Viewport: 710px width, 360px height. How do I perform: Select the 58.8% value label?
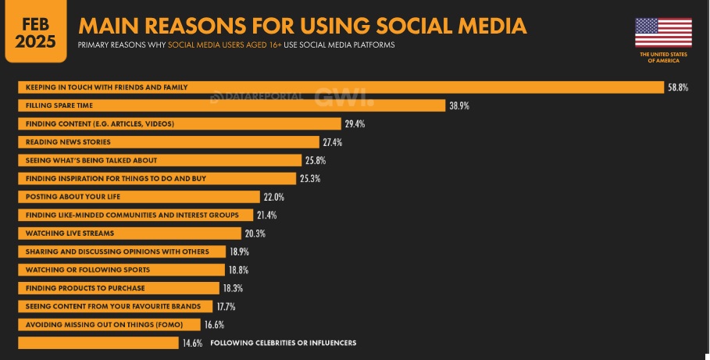pos(677,87)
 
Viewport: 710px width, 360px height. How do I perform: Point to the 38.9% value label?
pos(458,105)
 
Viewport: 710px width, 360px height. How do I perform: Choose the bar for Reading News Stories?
pos(169,142)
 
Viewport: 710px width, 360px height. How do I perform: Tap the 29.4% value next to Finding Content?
pos(355,124)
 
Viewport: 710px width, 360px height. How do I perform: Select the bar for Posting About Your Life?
pos(138,197)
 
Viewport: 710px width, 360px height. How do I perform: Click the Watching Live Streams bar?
pos(129,233)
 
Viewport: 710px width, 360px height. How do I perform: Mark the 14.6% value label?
pos(192,343)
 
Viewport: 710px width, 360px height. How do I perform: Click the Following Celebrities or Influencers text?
pos(284,343)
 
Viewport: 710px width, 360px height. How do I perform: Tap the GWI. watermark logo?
pos(344,98)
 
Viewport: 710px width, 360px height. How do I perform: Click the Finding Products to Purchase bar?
pos(120,288)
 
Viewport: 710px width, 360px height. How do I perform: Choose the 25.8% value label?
pos(315,160)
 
